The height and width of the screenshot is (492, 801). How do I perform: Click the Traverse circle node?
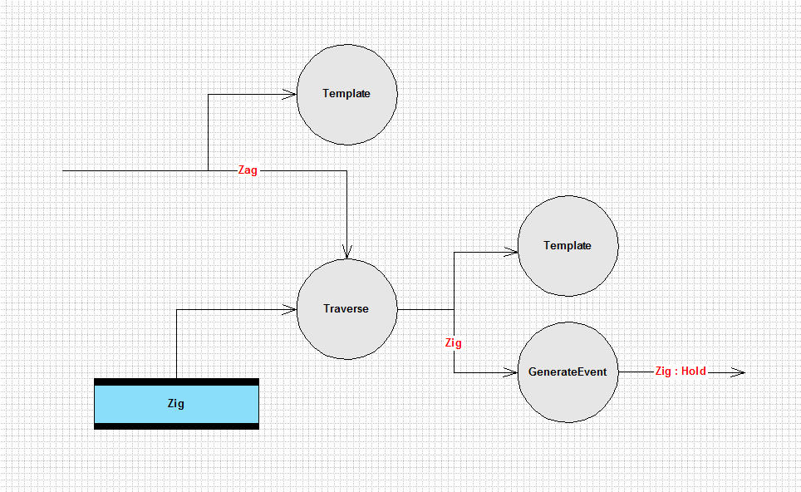pyautogui.click(x=346, y=309)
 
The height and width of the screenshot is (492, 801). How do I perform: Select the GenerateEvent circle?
pyautogui.click(x=568, y=372)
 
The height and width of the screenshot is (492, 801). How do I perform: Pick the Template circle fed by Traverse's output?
pyautogui.click(x=568, y=246)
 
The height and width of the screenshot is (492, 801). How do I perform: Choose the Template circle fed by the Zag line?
pyautogui.click(x=346, y=95)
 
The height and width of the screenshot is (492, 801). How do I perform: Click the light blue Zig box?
pyautogui.click(x=177, y=404)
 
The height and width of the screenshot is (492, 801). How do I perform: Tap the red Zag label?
pyautogui.click(x=248, y=170)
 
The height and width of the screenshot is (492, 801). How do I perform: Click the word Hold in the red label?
pyautogui.click(x=694, y=371)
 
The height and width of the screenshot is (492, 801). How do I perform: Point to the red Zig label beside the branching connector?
pyautogui.click(x=453, y=342)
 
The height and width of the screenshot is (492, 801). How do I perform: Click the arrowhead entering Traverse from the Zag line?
pyautogui.click(x=346, y=253)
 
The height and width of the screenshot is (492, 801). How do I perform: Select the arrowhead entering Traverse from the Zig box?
pyautogui.click(x=290, y=309)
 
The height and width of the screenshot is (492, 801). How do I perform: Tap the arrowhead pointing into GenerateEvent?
pyautogui.click(x=511, y=372)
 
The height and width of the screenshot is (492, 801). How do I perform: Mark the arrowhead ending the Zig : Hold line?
pyautogui.click(x=738, y=372)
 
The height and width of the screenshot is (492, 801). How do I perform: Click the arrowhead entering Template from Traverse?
pyautogui.click(x=511, y=252)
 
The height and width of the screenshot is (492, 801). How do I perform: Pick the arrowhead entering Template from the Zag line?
pyautogui.click(x=290, y=94)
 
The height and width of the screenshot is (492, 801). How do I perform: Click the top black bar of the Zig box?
pyautogui.click(x=177, y=382)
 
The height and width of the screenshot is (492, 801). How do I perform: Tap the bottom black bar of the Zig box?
pyautogui.click(x=177, y=426)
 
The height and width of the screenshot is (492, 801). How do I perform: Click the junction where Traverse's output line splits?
pyautogui.click(x=455, y=309)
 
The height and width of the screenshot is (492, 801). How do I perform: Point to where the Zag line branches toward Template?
pyautogui.click(x=208, y=170)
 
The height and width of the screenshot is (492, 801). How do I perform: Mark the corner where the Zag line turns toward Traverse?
pyautogui.click(x=346, y=170)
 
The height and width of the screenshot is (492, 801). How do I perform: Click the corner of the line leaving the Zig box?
pyautogui.click(x=177, y=309)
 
